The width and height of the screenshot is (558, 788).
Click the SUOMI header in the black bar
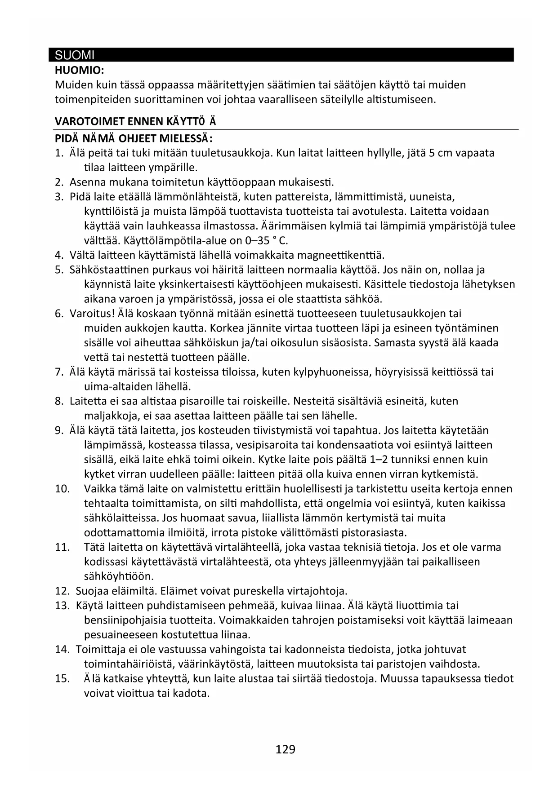[x=75, y=55]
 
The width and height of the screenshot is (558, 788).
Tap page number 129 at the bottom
[x=286, y=749]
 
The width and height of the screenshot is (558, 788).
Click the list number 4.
[x=58, y=255]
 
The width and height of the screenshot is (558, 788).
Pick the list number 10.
[x=62, y=488]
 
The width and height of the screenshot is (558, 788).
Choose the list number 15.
[x=62, y=678]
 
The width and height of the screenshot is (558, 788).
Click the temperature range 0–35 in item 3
[x=254, y=240]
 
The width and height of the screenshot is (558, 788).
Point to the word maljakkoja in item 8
[x=109, y=416]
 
